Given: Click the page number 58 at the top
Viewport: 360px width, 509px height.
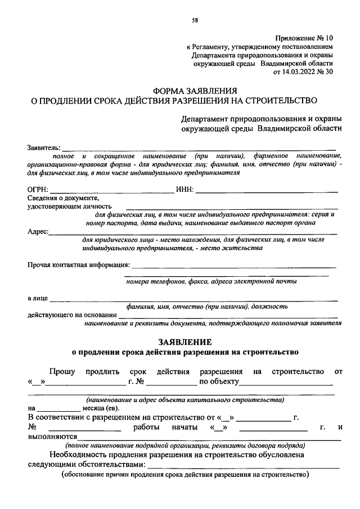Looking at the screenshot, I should click(195, 21).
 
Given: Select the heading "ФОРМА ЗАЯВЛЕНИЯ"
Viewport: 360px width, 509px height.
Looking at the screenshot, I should click(195, 91).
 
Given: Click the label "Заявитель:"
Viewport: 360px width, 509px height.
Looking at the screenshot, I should click(44, 147).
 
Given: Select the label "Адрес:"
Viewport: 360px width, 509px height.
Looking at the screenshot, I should click(38, 231).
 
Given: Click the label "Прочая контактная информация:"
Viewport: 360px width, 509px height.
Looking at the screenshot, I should click(79, 264).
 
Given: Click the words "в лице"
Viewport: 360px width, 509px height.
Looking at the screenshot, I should click(37, 298).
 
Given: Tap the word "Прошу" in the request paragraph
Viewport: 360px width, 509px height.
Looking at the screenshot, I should click(62, 372).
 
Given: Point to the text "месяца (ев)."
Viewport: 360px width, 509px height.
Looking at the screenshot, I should click(102, 408).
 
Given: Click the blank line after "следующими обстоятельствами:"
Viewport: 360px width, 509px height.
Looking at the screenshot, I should click(243, 467).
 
